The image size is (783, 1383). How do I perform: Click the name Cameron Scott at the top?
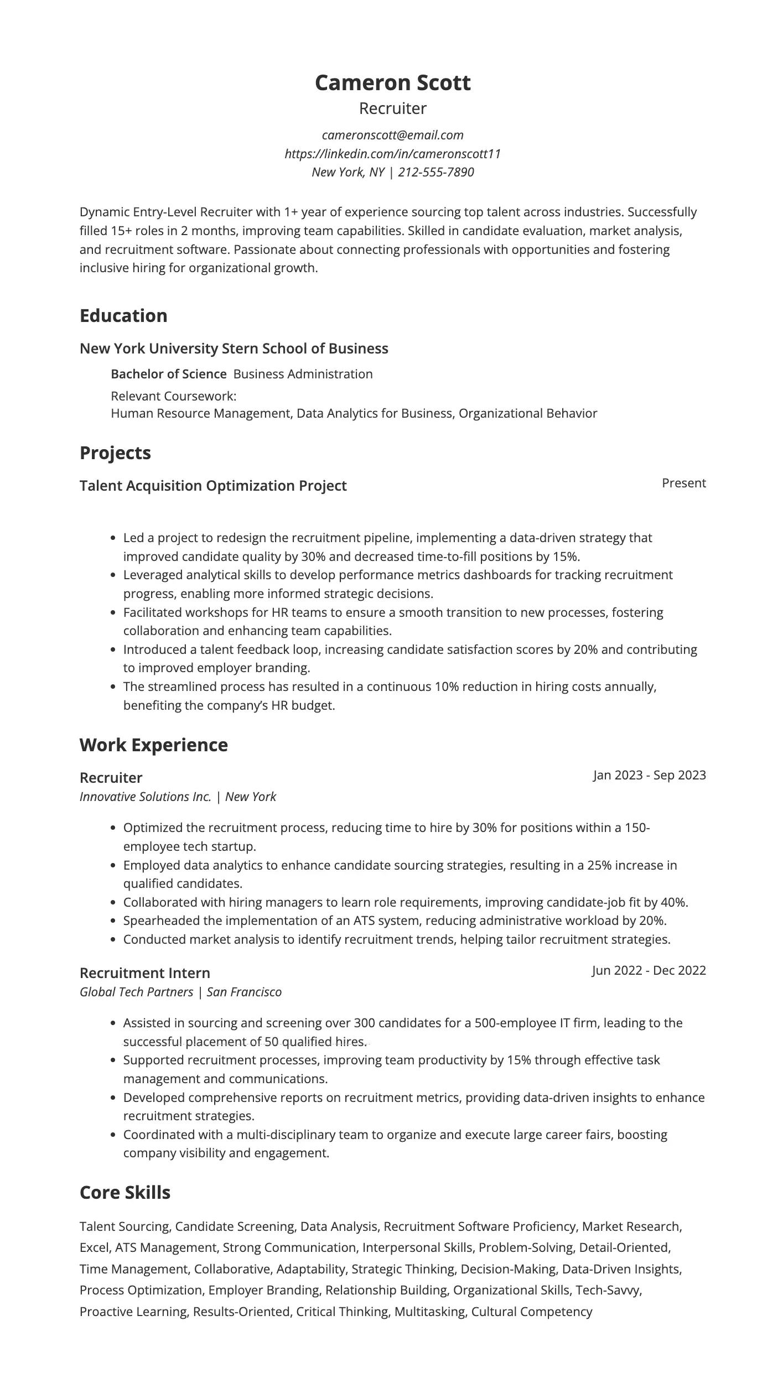(392, 83)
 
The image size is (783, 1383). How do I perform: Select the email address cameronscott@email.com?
(392, 135)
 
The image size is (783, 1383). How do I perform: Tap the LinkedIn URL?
(392, 154)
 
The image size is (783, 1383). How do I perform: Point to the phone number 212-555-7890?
(435, 172)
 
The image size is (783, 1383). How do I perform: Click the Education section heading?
(123, 315)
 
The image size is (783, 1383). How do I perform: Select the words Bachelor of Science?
(168, 374)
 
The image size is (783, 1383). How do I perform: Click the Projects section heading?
(115, 453)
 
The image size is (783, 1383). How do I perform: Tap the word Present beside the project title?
(683, 483)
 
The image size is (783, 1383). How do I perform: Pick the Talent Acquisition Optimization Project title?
(213, 486)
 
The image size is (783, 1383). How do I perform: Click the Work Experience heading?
(153, 745)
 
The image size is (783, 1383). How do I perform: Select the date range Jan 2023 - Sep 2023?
(649, 775)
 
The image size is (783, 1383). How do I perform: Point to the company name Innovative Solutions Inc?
(145, 797)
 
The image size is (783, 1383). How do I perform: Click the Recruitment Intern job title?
(144, 973)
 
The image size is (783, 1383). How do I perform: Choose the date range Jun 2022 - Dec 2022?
(649, 970)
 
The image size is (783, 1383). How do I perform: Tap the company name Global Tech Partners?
(136, 992)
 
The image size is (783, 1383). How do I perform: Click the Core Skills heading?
(125, 1192)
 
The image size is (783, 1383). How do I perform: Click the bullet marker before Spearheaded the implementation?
(113, 921)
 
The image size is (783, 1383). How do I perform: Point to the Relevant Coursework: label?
(173, 396)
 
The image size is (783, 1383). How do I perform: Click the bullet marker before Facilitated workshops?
(113, 613)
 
